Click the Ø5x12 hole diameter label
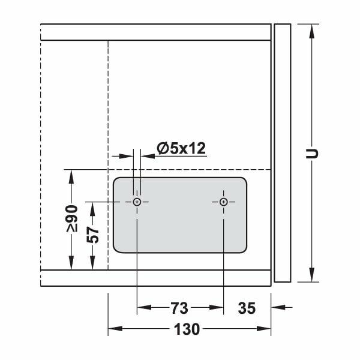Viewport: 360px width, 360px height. [181, 148]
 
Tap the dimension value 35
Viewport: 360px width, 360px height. [247, 308]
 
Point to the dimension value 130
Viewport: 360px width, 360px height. [188, 329]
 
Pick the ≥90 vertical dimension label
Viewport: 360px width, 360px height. [72, 218]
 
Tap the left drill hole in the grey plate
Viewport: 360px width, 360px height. [137, 202]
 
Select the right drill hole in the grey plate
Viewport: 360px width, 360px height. [224, 202]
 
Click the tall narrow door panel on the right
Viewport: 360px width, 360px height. [281, 153]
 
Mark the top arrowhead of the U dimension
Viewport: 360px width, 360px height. [311, 29]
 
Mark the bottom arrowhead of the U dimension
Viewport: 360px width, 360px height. [311, 277]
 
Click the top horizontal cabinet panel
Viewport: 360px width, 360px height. [156, 32]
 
